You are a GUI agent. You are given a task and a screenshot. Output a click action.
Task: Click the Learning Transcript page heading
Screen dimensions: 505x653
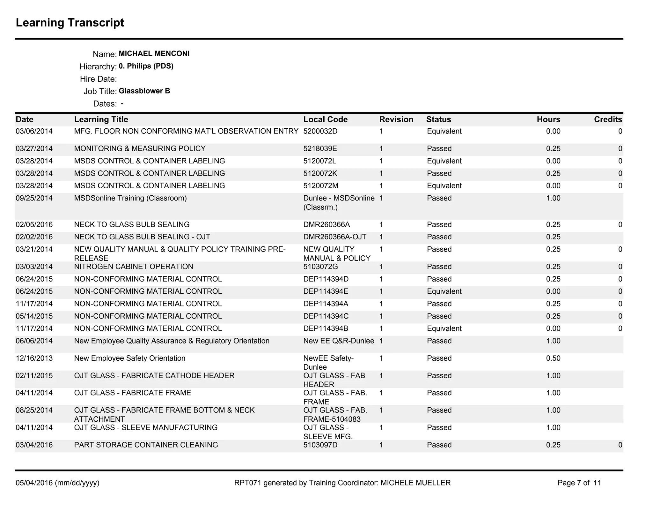coord(70,23)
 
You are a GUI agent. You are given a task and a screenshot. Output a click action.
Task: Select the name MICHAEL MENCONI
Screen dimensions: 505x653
coord(154,54)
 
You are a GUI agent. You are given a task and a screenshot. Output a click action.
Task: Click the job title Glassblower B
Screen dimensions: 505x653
coord(144,91)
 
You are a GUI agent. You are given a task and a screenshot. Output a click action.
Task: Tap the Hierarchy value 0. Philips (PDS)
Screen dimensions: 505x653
coord(146,66)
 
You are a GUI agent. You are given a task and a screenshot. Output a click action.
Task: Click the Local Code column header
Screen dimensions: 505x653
coord(325,119)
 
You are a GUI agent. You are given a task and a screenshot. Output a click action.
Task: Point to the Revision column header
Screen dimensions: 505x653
coord(396,119)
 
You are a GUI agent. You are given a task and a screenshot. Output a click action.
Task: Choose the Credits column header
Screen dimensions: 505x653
coord(608,119)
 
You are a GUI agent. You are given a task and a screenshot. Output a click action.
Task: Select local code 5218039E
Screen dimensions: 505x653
coord(320,148)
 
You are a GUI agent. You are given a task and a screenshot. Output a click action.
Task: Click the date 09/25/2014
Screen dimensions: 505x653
coord(34,198)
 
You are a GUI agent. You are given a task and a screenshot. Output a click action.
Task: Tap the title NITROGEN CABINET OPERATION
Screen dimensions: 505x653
coord(134,267)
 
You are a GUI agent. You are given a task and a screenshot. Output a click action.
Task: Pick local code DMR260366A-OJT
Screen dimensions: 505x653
coord(334,237)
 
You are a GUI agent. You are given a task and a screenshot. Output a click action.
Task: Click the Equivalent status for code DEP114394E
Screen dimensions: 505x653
coord(444,291)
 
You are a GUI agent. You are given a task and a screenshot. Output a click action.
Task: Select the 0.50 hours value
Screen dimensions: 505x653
coord(553,358)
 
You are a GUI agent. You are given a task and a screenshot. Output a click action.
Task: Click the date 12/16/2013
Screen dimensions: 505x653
coord(34,358)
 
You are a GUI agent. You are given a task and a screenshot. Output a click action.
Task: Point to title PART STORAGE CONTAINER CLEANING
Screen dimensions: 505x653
coord(146,445)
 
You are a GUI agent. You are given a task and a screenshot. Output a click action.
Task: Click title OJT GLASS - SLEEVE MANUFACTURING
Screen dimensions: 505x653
coord(146,427)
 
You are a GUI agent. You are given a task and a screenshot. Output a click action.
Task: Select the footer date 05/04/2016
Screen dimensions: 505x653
coord(34,483)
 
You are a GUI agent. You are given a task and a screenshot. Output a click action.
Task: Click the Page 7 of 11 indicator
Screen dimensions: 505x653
coord(579,483)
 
